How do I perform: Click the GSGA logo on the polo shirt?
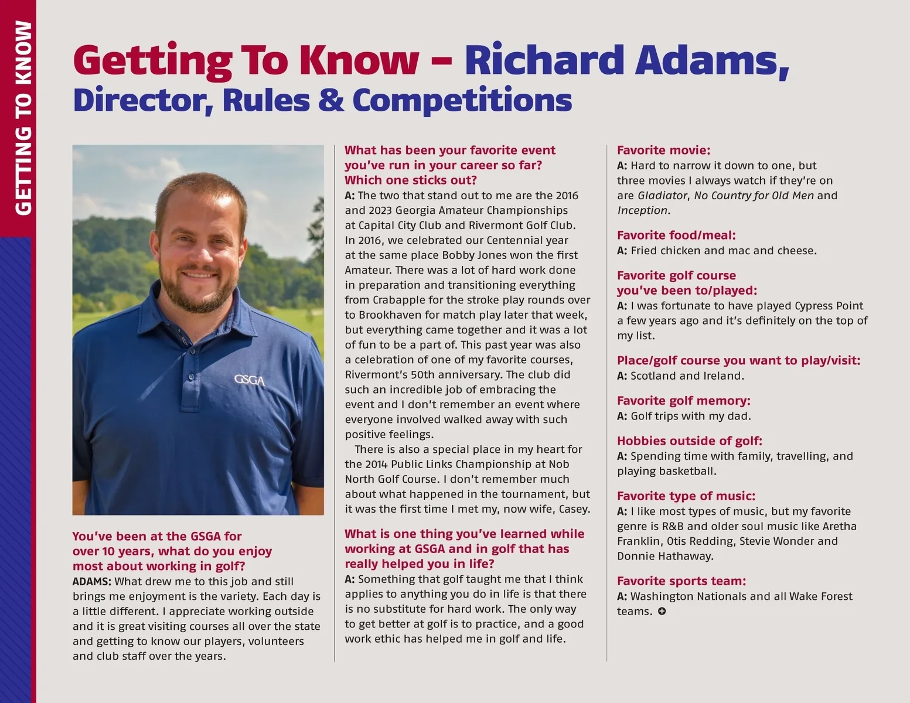(250, 380)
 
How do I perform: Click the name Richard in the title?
(544, 60)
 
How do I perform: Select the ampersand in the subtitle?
(332, 100)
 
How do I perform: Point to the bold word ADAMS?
(92, 582)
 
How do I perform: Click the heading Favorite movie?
(663, 151)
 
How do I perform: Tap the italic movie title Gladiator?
(662, 196)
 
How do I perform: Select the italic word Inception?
(642, 210)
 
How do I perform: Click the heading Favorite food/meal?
(676, 236)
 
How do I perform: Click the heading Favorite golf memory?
(683, 401)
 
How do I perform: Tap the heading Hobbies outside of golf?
(689, 441)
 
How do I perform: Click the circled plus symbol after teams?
(662, 612)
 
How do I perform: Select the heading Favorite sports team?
(681, 581)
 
